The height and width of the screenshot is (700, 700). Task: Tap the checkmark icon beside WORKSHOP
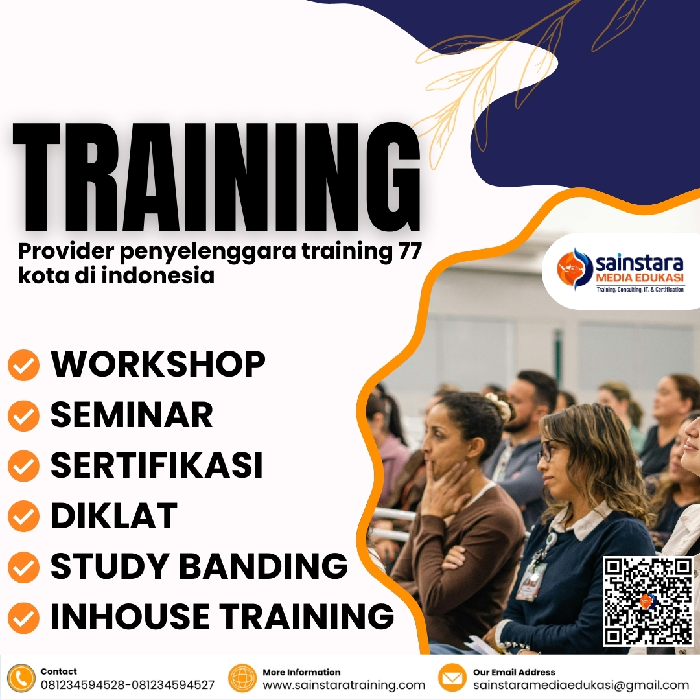click(x=23, y=366)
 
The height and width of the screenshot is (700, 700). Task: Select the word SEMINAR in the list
click(x=132, y=415)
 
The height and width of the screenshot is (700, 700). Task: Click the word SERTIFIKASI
click(x=157, y=465)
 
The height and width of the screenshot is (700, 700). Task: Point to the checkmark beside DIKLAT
click(x=23, y=517)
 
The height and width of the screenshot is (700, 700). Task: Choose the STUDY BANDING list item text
click(x=199, y=566)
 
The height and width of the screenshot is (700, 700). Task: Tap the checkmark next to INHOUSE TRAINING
click(x=23, y=617)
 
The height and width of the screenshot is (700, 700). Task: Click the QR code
click(x=647, y=601)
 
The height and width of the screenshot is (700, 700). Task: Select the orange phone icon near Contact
click(x=21, y=679)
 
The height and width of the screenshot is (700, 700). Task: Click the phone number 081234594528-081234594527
click(x=127, y=685)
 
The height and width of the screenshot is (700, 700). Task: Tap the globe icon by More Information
click(x=243, y=679)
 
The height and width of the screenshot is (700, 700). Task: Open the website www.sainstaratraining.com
click(x=344, y=685)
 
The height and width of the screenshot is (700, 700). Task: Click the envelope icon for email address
click(x=452, y=679)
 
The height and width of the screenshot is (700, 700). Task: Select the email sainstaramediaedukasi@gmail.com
click(x=581, y=685)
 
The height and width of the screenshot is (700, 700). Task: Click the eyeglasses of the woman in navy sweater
click(x=546, y=450)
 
